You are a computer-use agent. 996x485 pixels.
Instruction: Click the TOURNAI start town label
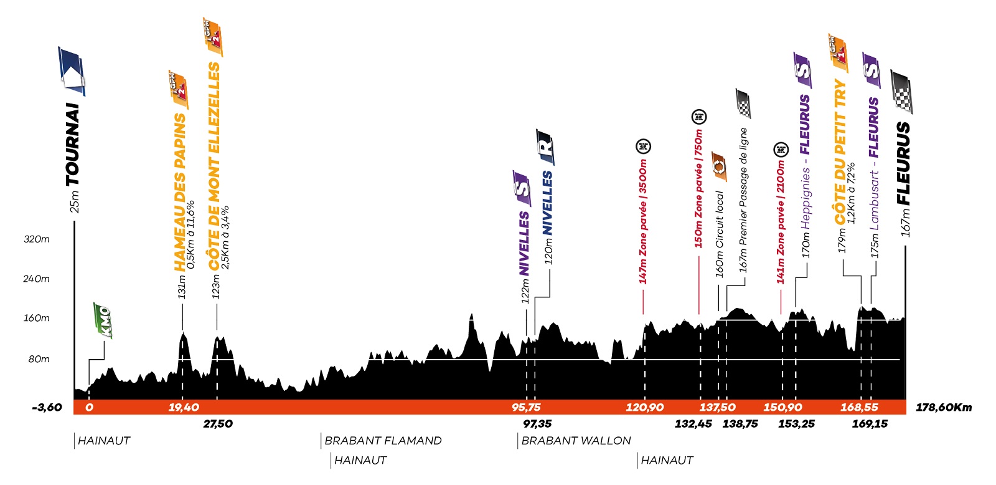[x=73, y=145]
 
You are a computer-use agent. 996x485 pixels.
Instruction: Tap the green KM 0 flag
[x=102, y=320]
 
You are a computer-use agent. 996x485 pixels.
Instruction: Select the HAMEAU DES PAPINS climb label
[x=180, y=192]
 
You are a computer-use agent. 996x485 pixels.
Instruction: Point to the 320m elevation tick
[x=37, y=239]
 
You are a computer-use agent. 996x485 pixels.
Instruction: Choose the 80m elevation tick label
[x=39, y=359]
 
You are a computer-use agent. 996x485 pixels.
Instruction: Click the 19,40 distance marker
[x=184, y=408]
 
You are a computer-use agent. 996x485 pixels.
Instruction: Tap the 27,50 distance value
[x=218, y=424]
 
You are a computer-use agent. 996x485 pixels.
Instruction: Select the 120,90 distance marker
[x=644, y=408]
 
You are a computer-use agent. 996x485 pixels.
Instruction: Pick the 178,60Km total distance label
[x=944, y=408]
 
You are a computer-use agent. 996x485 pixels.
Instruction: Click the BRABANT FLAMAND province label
[x=383, y=441]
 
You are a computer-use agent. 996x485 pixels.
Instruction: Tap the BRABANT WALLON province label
[x=576, y=441]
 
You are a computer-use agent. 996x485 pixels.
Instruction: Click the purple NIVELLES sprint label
[x=524, y=243]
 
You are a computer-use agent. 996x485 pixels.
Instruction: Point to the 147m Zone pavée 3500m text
[x=643, y=221]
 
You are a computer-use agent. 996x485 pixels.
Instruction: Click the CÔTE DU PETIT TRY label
[x=840, y=152]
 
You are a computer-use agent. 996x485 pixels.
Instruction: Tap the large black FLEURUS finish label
[x=904, y=163]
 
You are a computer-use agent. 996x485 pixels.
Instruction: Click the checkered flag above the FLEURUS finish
[x=901, y=92]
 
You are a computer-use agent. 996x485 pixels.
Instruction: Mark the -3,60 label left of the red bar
[x=47, y=408]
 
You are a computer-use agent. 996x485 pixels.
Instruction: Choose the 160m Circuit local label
[x=720, y=234]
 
